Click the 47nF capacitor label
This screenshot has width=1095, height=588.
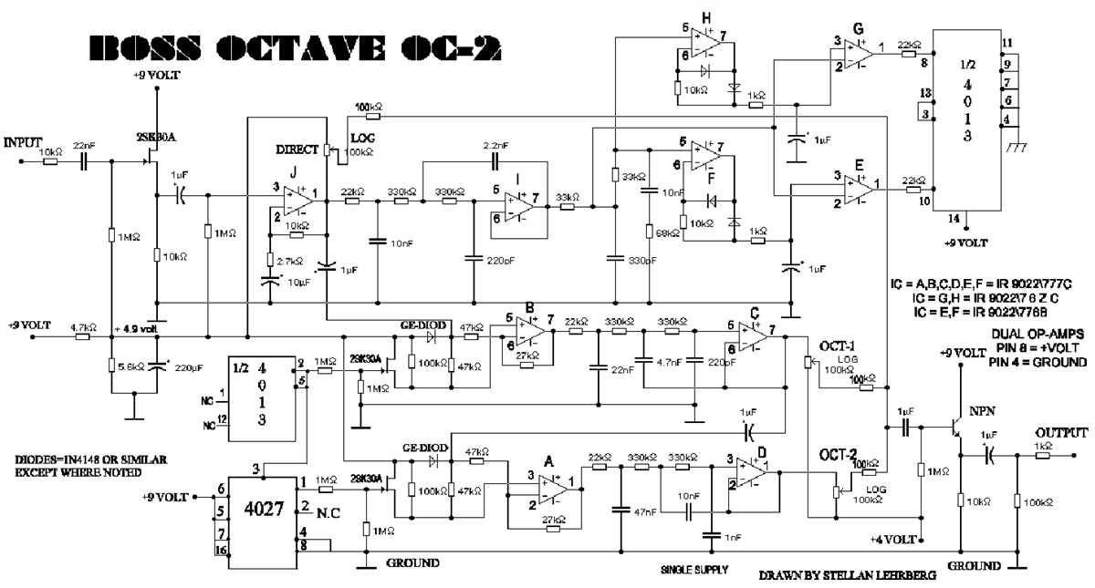click(x=645, y=512)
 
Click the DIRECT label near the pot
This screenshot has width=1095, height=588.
click(x=297, y=150)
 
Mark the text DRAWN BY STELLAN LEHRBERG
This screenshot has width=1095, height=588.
click(x=834, y=576)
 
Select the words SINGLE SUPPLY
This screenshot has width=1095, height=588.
click(x=694, y=569)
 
